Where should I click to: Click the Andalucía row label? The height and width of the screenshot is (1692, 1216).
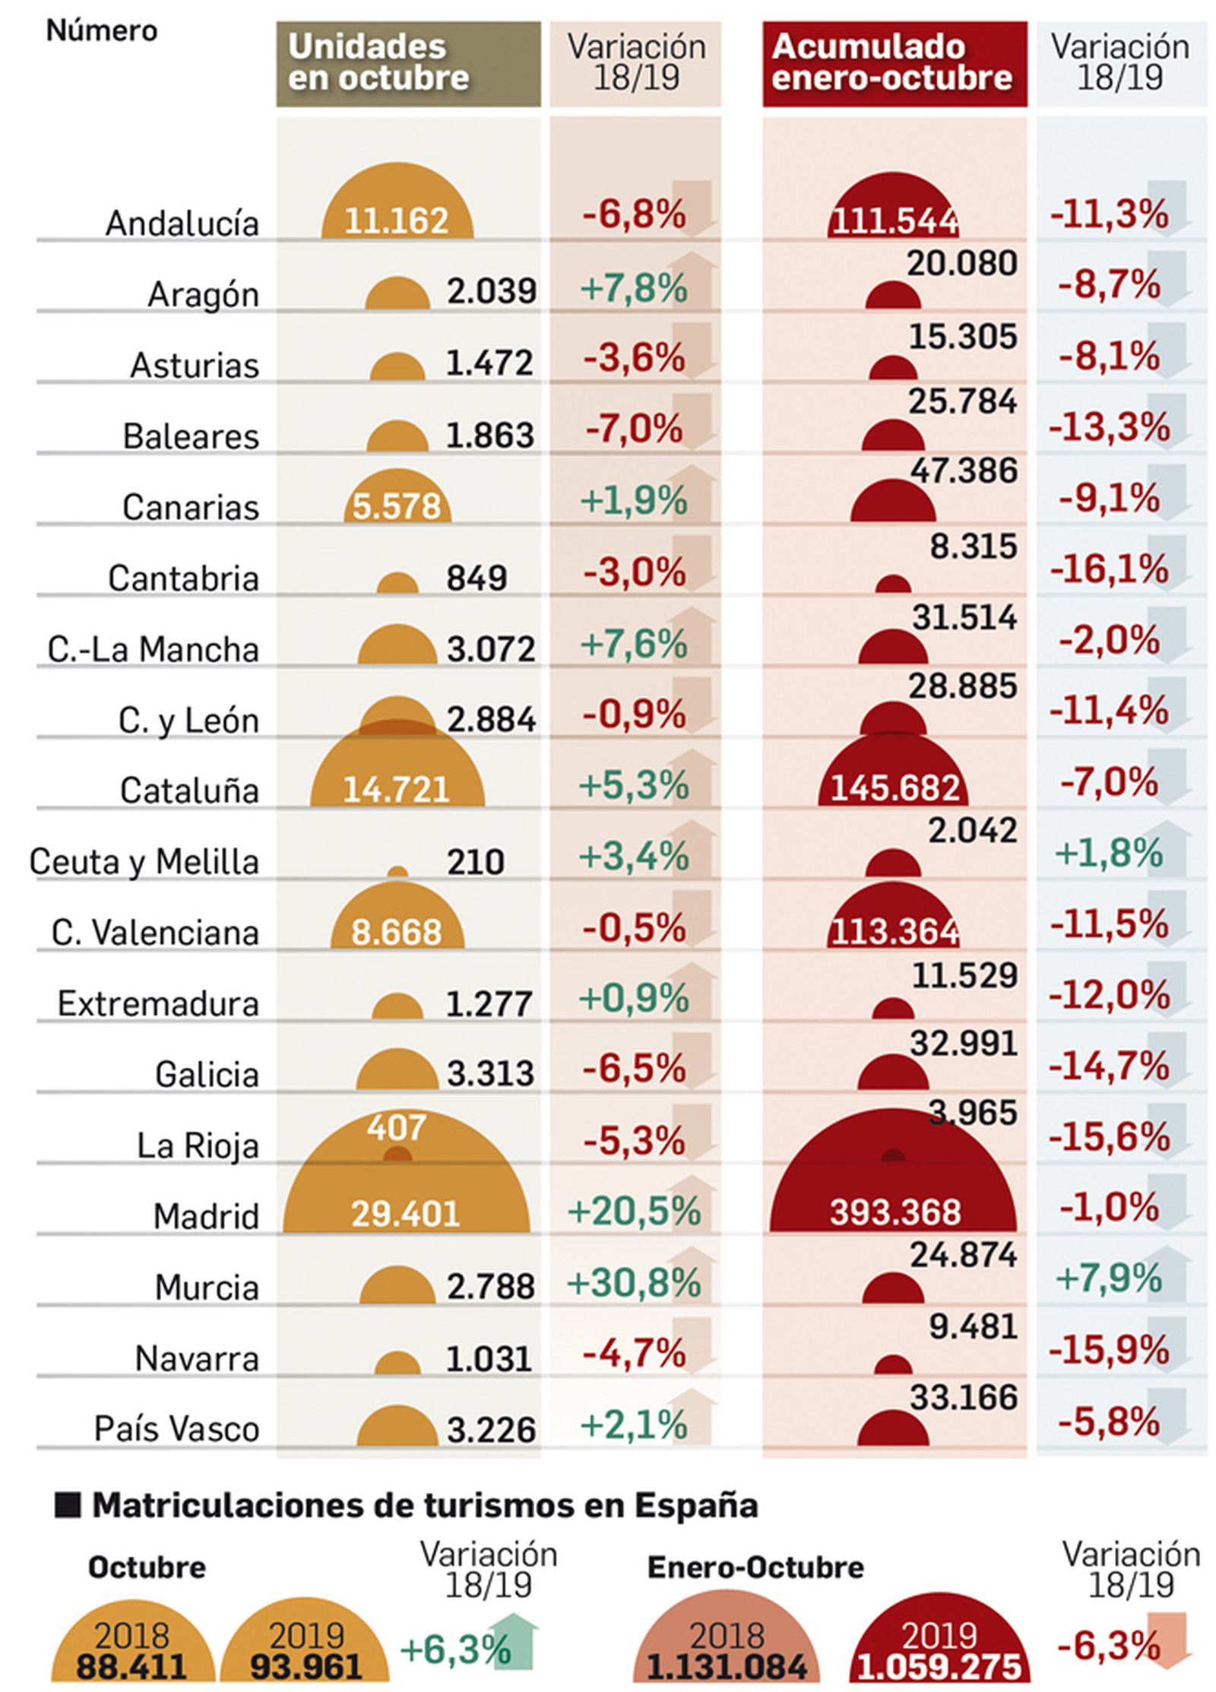pos(182,223)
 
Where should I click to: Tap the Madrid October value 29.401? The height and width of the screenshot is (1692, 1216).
pos(404,1213)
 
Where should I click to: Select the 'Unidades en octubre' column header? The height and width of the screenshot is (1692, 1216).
pos(407,63)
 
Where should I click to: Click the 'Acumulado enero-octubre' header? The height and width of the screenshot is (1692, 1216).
pos(894,63)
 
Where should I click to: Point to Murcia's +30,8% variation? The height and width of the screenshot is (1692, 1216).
pos(634,1284)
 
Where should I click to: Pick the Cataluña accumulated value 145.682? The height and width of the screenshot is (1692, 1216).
pos(895,788)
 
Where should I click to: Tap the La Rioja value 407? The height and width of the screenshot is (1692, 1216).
pos(396,1127)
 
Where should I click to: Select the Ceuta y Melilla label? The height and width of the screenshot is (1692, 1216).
pos(144,862)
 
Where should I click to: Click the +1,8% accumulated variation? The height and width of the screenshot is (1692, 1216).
pos(1108,853)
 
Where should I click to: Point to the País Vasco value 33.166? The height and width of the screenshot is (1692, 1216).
pos(963,1397)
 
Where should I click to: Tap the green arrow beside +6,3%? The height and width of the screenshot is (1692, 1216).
pos(515,1642)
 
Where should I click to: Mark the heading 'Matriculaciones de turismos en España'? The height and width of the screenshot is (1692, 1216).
pos(425,1504)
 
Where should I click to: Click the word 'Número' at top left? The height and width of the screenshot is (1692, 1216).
pos(101,30)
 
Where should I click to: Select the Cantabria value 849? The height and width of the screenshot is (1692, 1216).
pos(476,578)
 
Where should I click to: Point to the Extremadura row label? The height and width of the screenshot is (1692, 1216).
pos(158,1003)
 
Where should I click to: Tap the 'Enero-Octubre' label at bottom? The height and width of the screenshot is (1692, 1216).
pos(755,1567)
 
